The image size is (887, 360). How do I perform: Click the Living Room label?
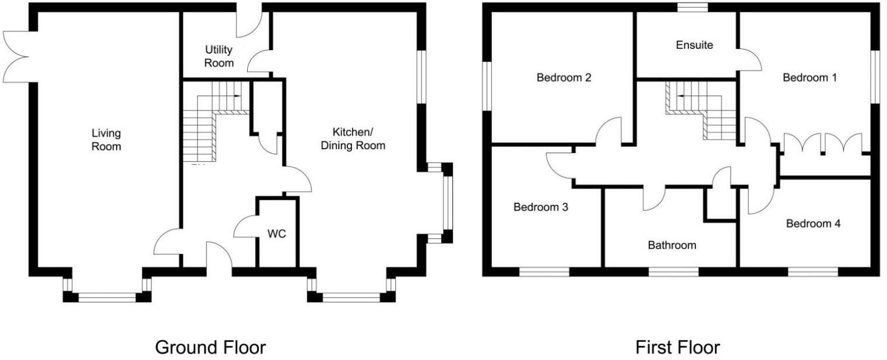[106, 139]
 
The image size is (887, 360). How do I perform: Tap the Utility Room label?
[219, 57]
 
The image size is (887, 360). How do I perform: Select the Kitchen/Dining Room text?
[353, 139]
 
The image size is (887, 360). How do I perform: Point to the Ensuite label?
[694, 45]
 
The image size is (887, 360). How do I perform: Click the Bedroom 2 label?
[564, 77]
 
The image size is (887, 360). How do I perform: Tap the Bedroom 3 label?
[540, 207]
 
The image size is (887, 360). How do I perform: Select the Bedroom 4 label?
[813, 224]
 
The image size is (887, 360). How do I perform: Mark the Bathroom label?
[672, 245]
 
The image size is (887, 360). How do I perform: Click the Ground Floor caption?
[210, 348]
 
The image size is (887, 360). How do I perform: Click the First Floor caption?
[677, 348]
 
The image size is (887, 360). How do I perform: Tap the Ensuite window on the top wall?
[693, 7]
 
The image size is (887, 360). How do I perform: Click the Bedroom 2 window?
[486, 86]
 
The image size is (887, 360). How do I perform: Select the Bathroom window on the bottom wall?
[673, 271]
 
